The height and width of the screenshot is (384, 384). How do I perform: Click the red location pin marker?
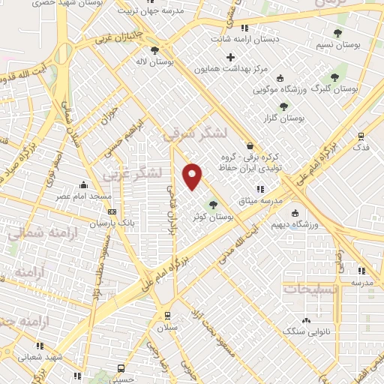click(193, 175)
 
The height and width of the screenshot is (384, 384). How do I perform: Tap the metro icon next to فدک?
click(361, 136)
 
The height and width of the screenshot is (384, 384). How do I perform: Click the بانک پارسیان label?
click(113, 223)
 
